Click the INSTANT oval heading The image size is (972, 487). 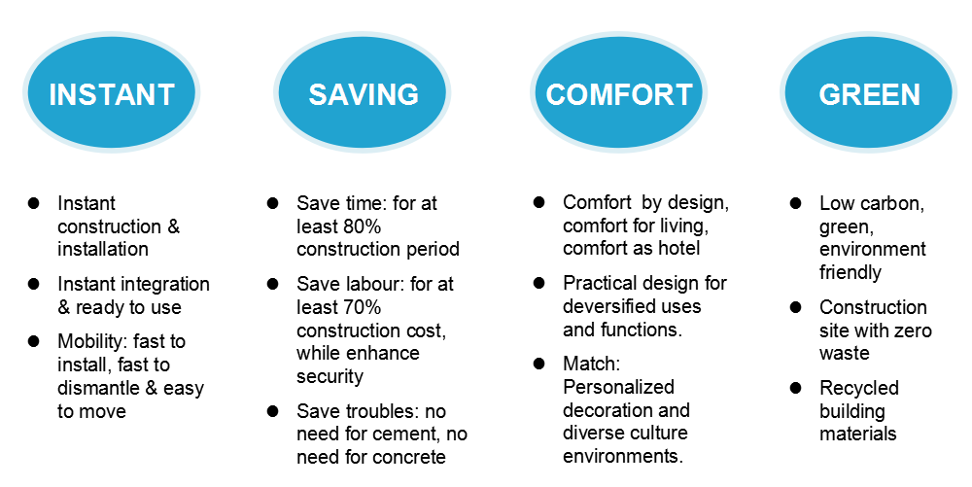(112, 93)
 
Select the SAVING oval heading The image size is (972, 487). (363, 93)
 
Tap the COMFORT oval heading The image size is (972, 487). (618, 93)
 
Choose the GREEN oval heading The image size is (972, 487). (869, 93)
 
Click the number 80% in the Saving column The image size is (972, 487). (360, 226)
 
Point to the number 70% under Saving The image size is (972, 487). (360, 307)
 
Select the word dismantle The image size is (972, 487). (98, 388)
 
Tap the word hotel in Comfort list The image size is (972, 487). (679, 249)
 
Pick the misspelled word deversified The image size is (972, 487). (608, 307)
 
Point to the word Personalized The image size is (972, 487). (618, 387)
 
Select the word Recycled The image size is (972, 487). (859, 389)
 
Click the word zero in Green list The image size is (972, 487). (912, 330)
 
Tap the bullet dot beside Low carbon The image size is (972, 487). (796, 203)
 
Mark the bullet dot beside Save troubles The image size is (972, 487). (273, 411)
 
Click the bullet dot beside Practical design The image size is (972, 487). (539, 283)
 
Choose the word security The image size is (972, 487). (330, 377)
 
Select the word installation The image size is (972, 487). (103, 249)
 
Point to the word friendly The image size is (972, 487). (850, 272)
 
